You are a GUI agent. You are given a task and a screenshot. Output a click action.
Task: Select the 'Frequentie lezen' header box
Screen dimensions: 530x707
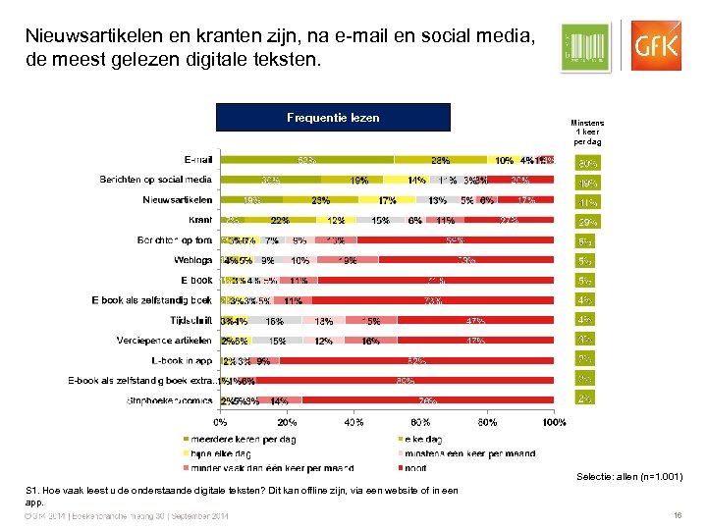[333, 118]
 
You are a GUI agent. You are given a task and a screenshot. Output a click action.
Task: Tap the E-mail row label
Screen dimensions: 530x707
[197, 159]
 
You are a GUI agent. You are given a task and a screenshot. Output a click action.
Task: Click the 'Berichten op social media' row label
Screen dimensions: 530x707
[155, 180]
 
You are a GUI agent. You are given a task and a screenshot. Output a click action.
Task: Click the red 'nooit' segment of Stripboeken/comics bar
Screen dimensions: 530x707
[428, 400]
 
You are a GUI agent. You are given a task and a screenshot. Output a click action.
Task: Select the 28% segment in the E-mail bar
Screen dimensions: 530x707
[440, 160]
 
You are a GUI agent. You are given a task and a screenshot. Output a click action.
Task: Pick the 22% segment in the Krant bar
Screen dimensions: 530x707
[280, 220]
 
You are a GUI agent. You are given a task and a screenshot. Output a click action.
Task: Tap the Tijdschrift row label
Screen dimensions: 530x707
[188, 320]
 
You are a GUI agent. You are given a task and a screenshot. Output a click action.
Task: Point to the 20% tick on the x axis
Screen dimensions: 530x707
[287, 423]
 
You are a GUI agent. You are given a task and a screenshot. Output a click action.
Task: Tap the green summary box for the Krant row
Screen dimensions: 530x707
[587, 222]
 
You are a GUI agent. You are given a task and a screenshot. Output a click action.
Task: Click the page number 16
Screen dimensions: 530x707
[678, 515]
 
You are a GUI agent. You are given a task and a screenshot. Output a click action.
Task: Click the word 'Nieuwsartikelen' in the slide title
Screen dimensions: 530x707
[89, 37]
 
